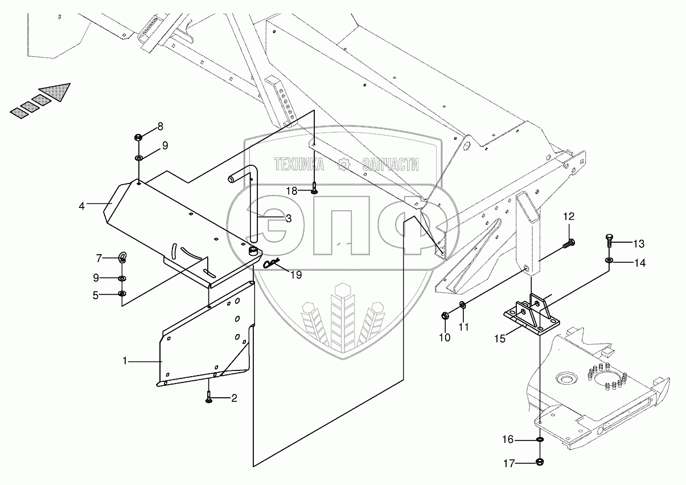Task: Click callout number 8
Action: pos(160,126)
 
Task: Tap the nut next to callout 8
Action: pos(138,137)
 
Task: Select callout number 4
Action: pos(82,206)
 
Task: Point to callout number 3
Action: pos(289,218)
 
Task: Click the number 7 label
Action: pos(98,259)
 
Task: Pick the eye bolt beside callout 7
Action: pos(122,257)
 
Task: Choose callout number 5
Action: pos(96,295)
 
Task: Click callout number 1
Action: pos(124,361)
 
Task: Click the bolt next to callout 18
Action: pos(314,186)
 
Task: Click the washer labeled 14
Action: pos(609,262)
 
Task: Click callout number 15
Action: pos(499,339)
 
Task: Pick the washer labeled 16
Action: pos(539,440)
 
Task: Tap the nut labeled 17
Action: pos(539,462)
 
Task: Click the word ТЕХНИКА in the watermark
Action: pos(299,165)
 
